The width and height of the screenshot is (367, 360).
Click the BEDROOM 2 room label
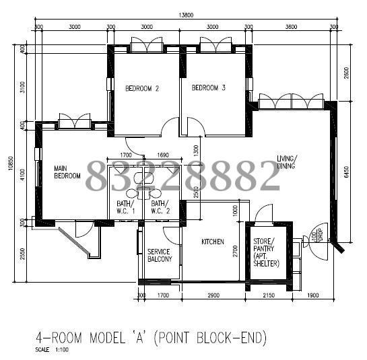point(142,88)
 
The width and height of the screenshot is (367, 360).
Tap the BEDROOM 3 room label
point(208,88)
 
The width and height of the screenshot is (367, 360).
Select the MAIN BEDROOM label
point(67,172)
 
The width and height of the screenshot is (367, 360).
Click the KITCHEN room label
point(212,242)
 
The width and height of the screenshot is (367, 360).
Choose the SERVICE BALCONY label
point(160,255)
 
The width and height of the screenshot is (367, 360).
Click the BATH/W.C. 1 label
point(125,207)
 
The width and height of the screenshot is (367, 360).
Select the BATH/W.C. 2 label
point(160,207)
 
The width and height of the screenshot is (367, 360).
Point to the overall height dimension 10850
point(12,166)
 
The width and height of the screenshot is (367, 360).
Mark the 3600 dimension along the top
point(291,28)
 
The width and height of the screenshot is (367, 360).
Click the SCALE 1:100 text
point(51,350)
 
